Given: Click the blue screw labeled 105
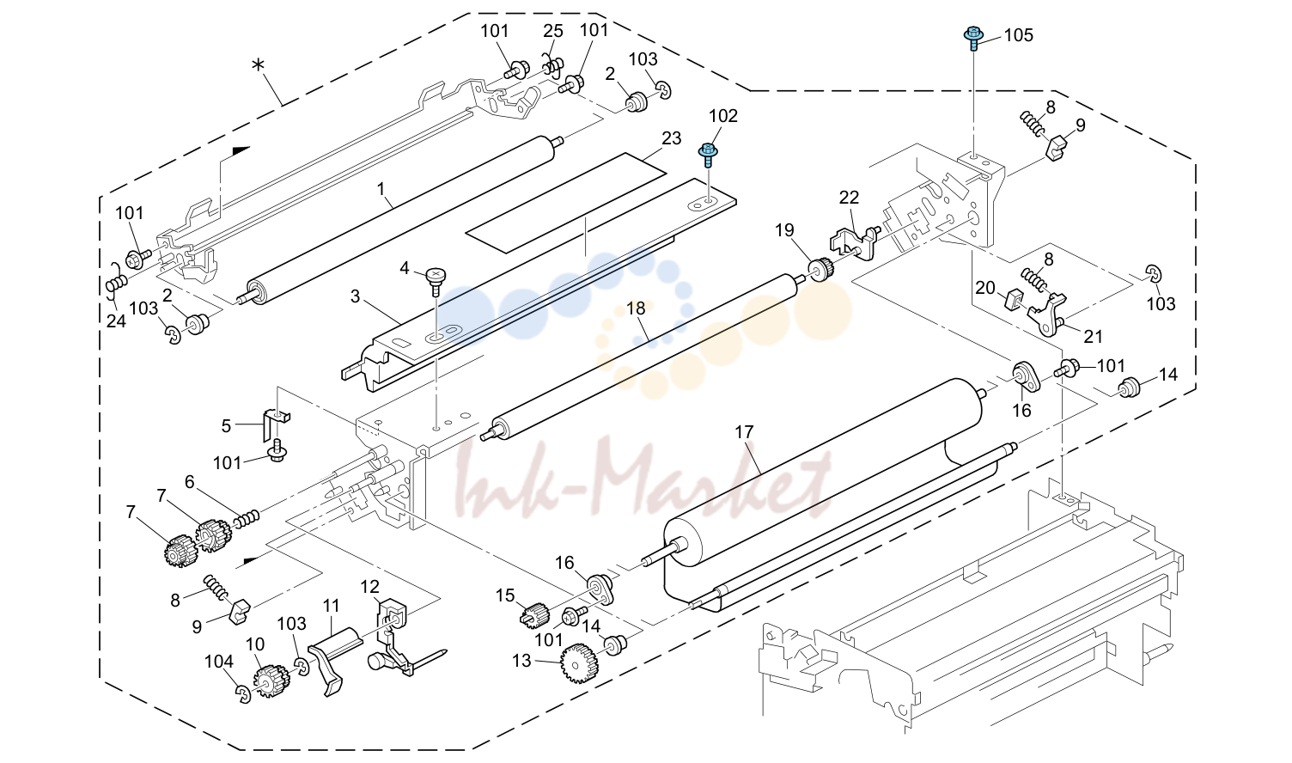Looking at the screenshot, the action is (x=973, y=38).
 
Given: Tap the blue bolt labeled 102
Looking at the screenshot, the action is (x=708, y=155).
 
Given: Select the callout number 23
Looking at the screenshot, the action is (x=672, y=138).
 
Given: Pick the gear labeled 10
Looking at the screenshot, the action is (x=271, y=682).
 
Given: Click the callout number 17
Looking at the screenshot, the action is (x=744, y=431).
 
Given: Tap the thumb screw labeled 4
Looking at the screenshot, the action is (x=436, y=281).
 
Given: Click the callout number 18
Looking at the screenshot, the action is (x=636, y=308).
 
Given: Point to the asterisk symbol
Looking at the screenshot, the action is (x=258, y=65).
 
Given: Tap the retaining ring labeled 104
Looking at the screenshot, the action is (x=243, y=693).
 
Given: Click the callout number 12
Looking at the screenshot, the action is (x=369, y=587).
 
